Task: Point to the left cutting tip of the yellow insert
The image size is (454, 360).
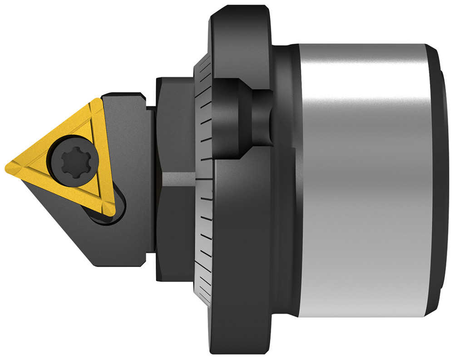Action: coord(9,166)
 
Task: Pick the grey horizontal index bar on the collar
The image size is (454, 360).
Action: coord(179,178)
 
